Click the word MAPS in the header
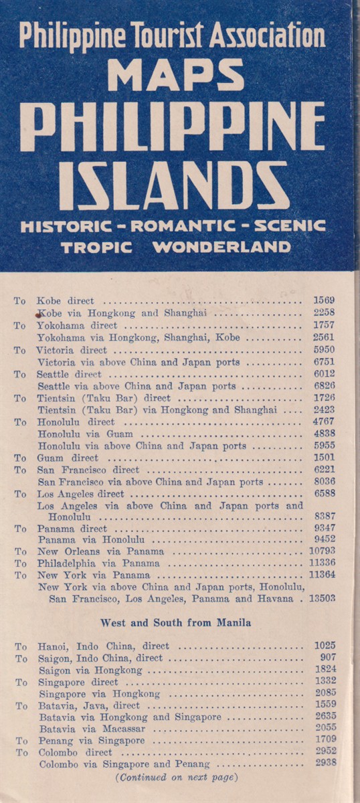tap(175, 74)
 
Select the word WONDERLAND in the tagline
tap(221, 247)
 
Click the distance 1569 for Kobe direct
tap(324, 300)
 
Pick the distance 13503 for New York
tap(321, 598)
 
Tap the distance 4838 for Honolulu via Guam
tap(324, 434)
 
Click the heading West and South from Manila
tap(175, 622)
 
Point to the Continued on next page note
tap(176, 777)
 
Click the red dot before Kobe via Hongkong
tap(40, 312)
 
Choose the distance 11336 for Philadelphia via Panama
tap(321, 563)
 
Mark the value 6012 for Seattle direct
tap(324, 374)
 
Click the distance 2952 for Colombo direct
tap(324, 752)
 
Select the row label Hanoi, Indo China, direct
tap(104, 646)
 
